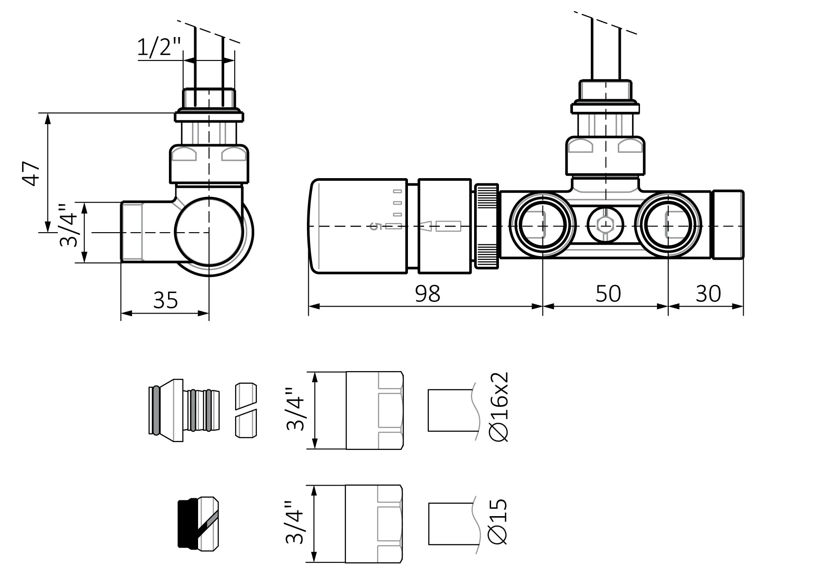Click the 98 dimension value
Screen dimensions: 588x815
pyautogui.click(x=428, y=294)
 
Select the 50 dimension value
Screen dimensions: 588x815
pyautogui.click(x=608, y=294)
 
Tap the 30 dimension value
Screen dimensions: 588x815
pyautogui.click(x=708, y=294)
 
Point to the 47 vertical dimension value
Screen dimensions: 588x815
pyautogui.click(x=31, y=173)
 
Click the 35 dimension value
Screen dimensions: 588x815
pyautogui.click(x=165, y=300)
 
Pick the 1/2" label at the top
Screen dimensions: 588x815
pyautogui.click(x=158, y=47)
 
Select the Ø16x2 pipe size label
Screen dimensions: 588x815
pyautogui.click(x=499, y=407)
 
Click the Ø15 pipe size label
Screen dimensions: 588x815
pyautogui.click(x=498, y=522)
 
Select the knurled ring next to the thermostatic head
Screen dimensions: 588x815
pyautogui.click(x=486, y=226)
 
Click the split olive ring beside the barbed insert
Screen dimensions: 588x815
pyautogui.click(x=246, y=410)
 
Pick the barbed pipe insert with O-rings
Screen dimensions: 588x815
pyautogui.click(x=184, y=410)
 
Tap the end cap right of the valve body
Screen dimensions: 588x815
pyautogui.click(x=727, y=225)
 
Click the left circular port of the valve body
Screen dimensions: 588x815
pyautogui.click(x=542, y=225)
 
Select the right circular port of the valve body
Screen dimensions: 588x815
pyautogui.click(x=668, y=225)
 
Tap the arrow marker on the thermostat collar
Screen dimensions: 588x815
pyautogui.click(x=426, y=226)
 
